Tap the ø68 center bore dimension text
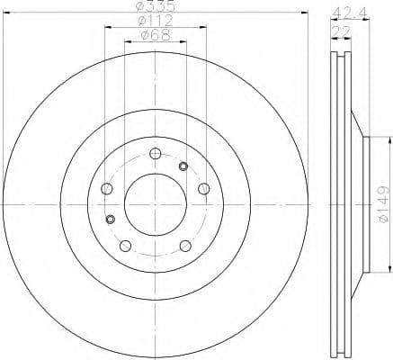point(155,37)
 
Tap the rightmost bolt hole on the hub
point(203,188)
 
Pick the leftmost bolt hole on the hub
point(107,188)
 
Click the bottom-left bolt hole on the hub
point(126,246)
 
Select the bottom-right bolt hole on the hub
point(184,246)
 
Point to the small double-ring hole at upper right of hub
point(184,166)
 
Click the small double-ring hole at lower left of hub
point(112,219)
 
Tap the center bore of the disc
point(155,202)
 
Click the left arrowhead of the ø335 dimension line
point(5,14)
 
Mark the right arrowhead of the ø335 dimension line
point(306,14)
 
